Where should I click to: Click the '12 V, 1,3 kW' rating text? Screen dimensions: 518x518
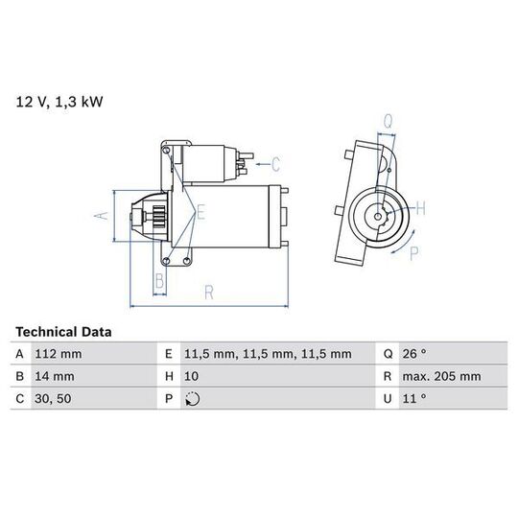(59, 102)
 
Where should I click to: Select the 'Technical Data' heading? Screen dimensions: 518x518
(63, 332)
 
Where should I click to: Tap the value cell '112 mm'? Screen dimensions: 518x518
(59, 354)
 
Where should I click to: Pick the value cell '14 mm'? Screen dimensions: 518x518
(55, 376)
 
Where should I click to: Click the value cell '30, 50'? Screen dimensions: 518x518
(53, 398)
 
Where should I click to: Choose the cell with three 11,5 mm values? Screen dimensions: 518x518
(268, 354)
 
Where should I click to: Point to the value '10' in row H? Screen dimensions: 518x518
(191, 376)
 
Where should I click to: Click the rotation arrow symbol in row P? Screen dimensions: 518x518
(192, 399)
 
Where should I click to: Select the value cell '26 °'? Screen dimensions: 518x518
(414, 354)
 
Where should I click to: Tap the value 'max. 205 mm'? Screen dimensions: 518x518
(441, 376)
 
